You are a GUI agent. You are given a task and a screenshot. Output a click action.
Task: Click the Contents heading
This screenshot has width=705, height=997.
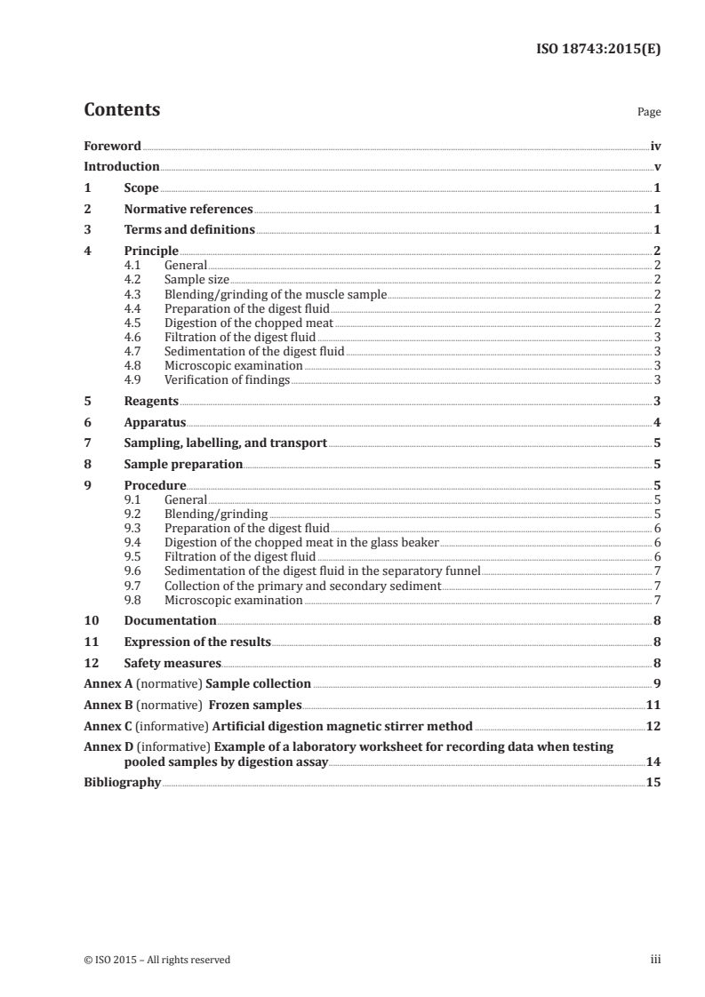pos(122,110)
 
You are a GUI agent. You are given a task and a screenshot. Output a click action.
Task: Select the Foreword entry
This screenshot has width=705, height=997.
pos(112,146)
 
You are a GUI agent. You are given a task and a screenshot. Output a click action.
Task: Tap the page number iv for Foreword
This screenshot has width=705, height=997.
pos(655,146)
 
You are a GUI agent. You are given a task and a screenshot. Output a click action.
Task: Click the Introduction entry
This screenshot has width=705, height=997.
pos(121,166)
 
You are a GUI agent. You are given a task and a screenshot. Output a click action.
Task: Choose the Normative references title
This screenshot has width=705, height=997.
pos(188,210)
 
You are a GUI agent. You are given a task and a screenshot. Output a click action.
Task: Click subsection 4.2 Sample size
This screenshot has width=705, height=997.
pos(197,279)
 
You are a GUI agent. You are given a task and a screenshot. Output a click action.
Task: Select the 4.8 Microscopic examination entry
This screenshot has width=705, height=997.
pos(234,366)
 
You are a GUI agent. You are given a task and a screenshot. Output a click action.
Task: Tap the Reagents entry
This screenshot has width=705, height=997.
pos(151,401)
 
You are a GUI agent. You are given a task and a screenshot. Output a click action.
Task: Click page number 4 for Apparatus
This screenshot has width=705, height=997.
pos(657,422)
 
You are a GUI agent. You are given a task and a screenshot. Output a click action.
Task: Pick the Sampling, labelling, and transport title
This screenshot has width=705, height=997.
pos(226,443)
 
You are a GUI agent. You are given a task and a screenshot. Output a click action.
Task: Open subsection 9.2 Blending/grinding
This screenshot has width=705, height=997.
pos(217,514)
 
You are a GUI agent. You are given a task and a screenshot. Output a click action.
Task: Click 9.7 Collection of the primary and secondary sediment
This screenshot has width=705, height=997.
pos(302,586)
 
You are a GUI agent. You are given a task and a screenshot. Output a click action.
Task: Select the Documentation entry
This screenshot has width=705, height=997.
pos(170,620)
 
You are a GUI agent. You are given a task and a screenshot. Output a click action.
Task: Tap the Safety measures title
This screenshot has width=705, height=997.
pos(172,663)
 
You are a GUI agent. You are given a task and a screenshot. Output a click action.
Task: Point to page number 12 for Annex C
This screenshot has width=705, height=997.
pos(653,726)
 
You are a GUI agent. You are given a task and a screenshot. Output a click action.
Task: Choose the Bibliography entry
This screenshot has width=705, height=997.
pos(122,783)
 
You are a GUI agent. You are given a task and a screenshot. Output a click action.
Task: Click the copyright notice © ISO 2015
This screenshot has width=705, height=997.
pos(156,960)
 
